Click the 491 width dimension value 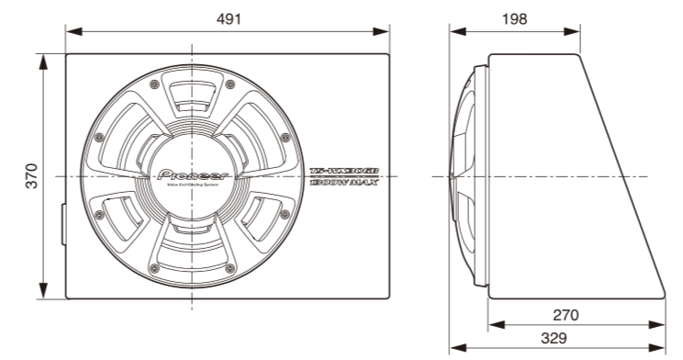[x=226, y=19]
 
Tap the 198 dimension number [x=514, y=19]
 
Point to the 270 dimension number [x=566, y=315]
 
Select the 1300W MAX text [x=344, y=184]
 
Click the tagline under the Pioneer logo [x=192, y=186]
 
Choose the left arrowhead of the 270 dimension [x=492, y=325]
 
